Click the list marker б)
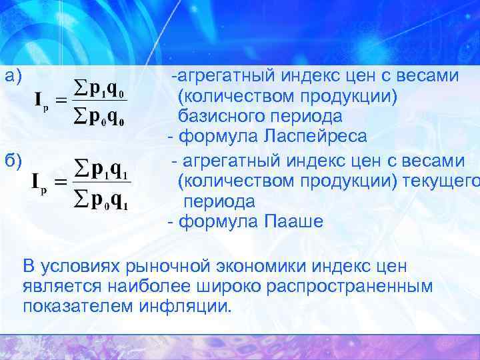point(14,160)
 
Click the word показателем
point(79,307)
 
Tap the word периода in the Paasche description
point(219,201)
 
